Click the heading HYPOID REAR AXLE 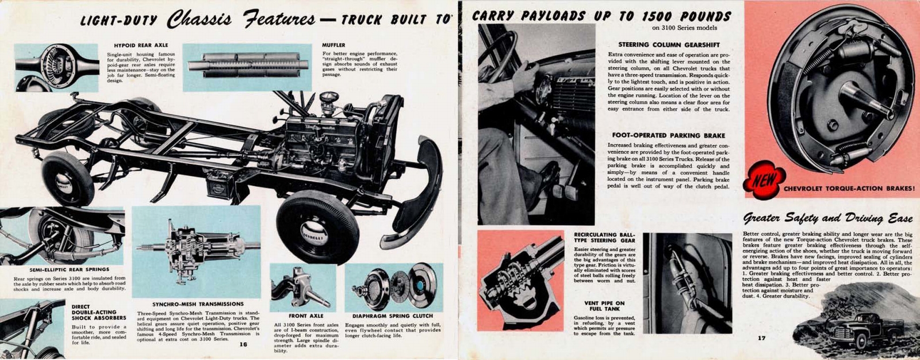[141, 45]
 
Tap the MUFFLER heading [333, 45]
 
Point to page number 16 [243, 344]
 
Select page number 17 [761, 338]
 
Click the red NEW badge [764, 180]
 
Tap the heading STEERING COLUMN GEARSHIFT [669, 44]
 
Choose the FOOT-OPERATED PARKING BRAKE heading [668, 135]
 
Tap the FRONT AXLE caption [305, 316]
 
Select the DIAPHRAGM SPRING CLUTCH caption [393, 316]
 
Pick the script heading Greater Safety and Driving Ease [827, 218]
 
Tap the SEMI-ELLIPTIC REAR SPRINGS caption [69, 269]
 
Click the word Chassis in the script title [199, 20]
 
